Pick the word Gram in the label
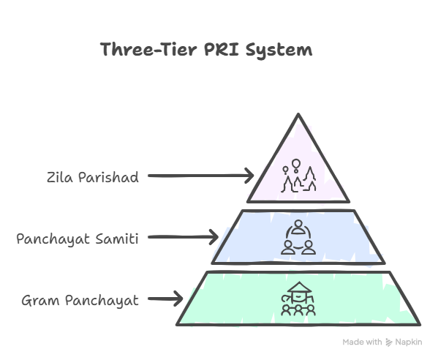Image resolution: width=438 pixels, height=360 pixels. (x=39, y=301)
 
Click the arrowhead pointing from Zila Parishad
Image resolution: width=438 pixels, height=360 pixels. (x=249, y=176)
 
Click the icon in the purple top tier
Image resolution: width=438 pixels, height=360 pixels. (x=298, y=175)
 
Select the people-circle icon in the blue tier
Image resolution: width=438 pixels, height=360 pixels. (x=298, y=237)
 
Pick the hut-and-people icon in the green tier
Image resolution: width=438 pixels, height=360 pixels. (x=298, y=299)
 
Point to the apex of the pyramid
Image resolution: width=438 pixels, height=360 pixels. (x=298, y=116)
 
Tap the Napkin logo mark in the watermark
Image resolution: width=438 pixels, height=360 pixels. (x=389, y=342)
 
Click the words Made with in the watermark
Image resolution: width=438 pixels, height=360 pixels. (x=362, y=342)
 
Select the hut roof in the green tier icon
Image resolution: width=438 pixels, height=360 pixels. (x=298, y=288)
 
